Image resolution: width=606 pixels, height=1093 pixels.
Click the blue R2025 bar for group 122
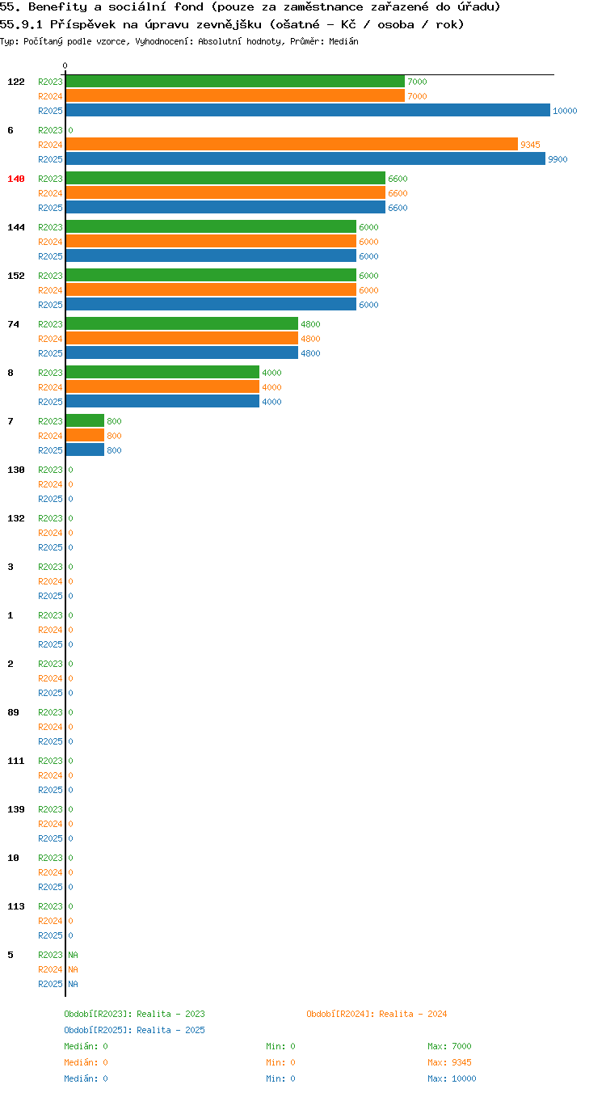click(x=308, y=110)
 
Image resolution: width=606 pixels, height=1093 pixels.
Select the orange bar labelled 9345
click(x=292, y=145)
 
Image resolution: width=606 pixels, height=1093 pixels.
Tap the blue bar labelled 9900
click(x=305, y=158)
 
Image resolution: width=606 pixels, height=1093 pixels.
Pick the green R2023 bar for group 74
click(x=182, y=323)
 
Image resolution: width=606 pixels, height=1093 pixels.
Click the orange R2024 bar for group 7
click(x=85, y=435)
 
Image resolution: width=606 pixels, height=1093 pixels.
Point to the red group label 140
click(x=15, y=179)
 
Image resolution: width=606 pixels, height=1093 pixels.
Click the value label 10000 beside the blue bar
click(x=565, y=111)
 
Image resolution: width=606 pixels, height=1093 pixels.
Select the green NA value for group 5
click(x=74, y=955)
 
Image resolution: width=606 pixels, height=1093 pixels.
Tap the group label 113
click(x=15, y=906)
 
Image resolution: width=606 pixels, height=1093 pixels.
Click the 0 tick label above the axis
click(x=65, y=65)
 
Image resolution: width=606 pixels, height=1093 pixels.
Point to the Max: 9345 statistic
click(x=449, y=1061)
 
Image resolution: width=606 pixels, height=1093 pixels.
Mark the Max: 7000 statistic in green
click(x=449, y=1045)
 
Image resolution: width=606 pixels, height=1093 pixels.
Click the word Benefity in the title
click(x=57, y=6)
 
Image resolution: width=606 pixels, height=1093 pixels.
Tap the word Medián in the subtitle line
click(x=343, y=41)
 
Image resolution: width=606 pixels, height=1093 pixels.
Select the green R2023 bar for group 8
click(x=162, y=372)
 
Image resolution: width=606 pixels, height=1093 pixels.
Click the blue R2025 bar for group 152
click(x=211, y=304)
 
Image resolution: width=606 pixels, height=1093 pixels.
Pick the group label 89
click(x=13, y=712)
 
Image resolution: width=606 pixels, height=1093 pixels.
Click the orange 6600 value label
click(x=398, y=193)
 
